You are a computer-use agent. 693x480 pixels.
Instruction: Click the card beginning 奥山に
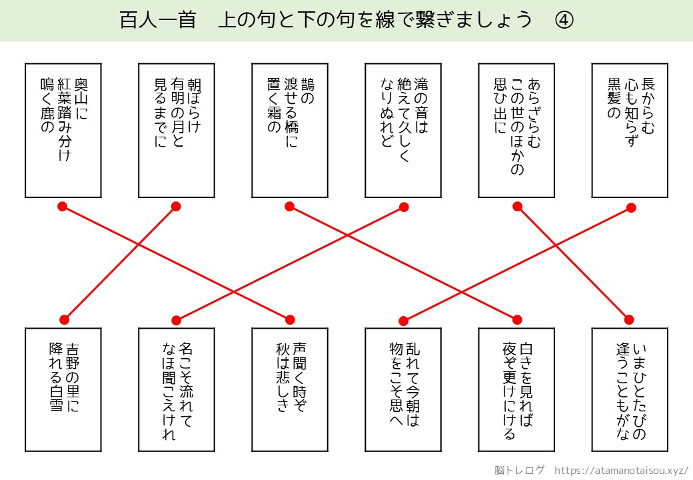coord(63,130)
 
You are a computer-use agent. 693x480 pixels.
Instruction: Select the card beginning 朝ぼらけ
coord(177,130)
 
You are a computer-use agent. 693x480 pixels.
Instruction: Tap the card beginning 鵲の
coord(290,130)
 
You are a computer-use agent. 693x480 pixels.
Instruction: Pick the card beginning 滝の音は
coord(403,130)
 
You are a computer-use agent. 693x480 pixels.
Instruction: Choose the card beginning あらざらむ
coord(516,130)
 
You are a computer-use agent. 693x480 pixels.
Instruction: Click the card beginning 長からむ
coord(630,130)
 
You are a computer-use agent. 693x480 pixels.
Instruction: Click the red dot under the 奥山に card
coord(63,207)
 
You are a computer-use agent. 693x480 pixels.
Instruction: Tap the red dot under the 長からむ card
coord(631,207)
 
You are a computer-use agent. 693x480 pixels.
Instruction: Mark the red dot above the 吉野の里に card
coord(64,319)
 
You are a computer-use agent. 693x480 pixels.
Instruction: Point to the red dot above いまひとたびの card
coord(629,319)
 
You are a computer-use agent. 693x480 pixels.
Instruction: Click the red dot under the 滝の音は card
coord(404,207)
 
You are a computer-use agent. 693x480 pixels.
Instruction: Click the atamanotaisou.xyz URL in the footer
coord(621,469)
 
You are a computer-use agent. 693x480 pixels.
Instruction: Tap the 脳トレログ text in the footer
coord(519,469)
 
